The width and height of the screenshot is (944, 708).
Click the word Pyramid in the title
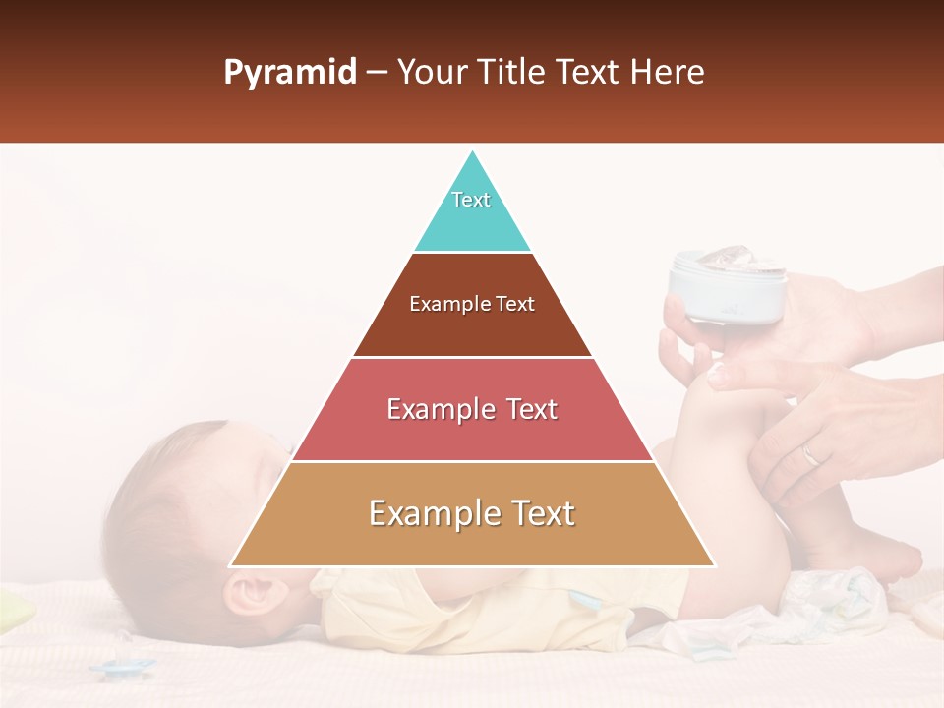coord(289,73)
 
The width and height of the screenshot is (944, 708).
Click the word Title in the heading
coord(511,72)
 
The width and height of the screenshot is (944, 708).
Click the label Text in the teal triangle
coord(471,200)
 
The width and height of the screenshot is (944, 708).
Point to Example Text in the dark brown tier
coord(472,304)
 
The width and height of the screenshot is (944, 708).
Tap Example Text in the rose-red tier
coord(472,409)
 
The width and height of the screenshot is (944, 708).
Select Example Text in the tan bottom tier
coord(472,513)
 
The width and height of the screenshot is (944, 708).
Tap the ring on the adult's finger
coord(809,453)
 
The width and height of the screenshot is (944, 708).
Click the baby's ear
coord(248,593)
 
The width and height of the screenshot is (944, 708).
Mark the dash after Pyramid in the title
coord(377,73)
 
